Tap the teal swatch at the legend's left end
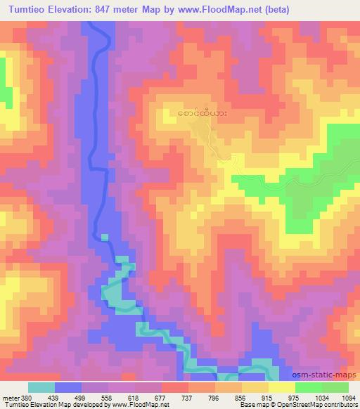point(41,387)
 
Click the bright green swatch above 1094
point(335,387)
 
